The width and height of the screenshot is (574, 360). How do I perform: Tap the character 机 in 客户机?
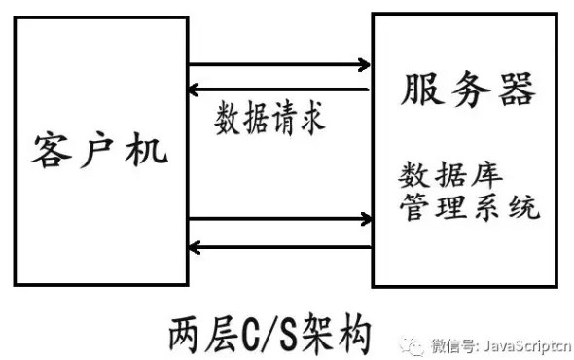click(x=148, y=148)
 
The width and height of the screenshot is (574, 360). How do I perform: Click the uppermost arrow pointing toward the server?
click(x=277, y=66)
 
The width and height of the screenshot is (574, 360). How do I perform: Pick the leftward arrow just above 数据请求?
click(x=277, y=90)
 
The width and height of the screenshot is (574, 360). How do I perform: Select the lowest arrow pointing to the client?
click(x=277, y=246)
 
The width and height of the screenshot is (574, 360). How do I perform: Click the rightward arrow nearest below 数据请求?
click(x=277, y=218)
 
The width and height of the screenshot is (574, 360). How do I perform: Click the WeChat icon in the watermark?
click(x=414, y=343)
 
